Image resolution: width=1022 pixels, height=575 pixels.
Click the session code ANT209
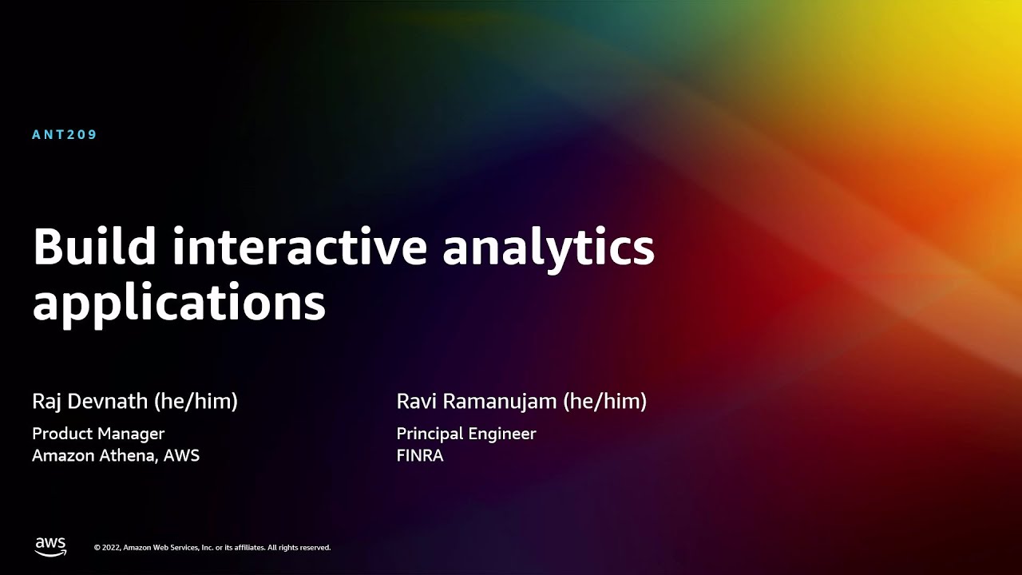tap(65, 135)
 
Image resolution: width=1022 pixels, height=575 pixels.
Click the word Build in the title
tap(94, 246)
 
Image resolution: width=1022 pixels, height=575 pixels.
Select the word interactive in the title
tap(299, 246)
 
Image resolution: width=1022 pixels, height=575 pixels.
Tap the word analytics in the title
tap(549, 250)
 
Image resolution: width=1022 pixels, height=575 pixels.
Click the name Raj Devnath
tap(90, 402)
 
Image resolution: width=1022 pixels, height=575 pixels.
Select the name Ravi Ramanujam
tap(477, 402)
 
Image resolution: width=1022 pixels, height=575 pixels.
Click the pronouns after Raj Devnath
tap(196, 402)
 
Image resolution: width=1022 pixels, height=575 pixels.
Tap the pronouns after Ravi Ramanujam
tap(605, 402)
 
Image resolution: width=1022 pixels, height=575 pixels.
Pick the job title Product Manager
tap(98, 434)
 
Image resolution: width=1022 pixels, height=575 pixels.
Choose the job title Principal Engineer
tap(466, 434)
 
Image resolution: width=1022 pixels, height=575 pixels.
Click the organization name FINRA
tap(420, 456)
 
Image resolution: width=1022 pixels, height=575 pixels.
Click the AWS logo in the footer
tap(50, 547)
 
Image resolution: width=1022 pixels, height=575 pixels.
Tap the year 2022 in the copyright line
tap(111, 548)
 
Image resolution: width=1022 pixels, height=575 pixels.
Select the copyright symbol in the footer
tap(97, 548)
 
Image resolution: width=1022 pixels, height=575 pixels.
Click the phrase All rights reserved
tap(299, 548)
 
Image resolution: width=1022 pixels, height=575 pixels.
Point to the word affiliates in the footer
tap(249, 548)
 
